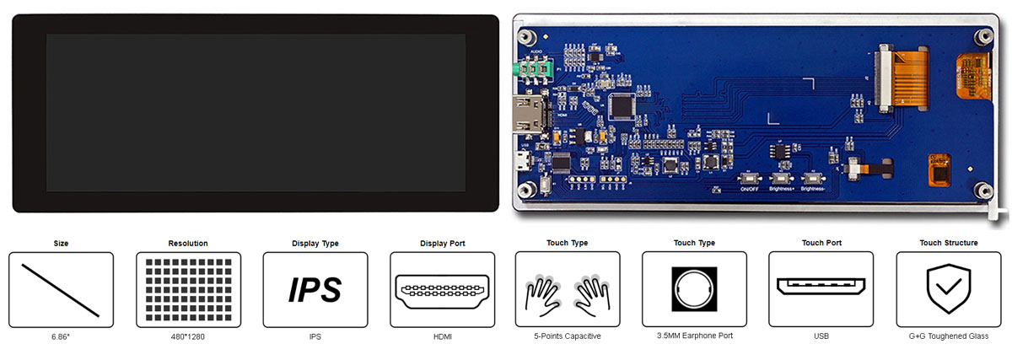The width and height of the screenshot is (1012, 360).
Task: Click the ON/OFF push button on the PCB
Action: click(x=748, y=178)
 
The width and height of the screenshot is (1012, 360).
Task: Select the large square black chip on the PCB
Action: click(x=622, y=105)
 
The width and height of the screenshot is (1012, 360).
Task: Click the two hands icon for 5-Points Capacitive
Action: click(x=568, y=293)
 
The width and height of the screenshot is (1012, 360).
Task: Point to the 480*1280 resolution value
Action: click(x=187, y=336)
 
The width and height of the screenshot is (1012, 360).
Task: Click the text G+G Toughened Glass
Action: click(x=949, y=336)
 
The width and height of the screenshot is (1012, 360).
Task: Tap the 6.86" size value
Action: click(x=61, y=336)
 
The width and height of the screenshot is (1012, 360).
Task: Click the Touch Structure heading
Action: click(x=949, y=243)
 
